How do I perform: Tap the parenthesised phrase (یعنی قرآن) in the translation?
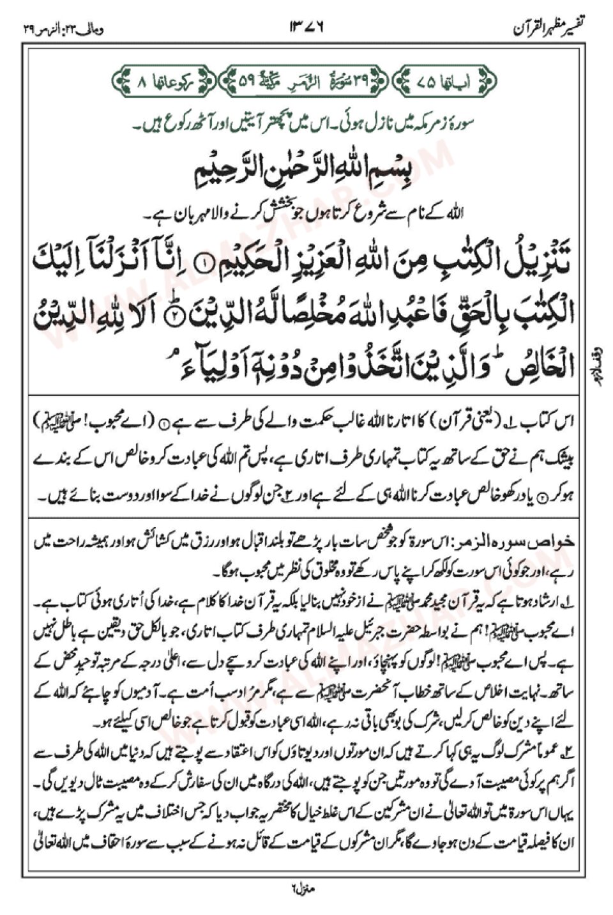(x=482, y=425)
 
